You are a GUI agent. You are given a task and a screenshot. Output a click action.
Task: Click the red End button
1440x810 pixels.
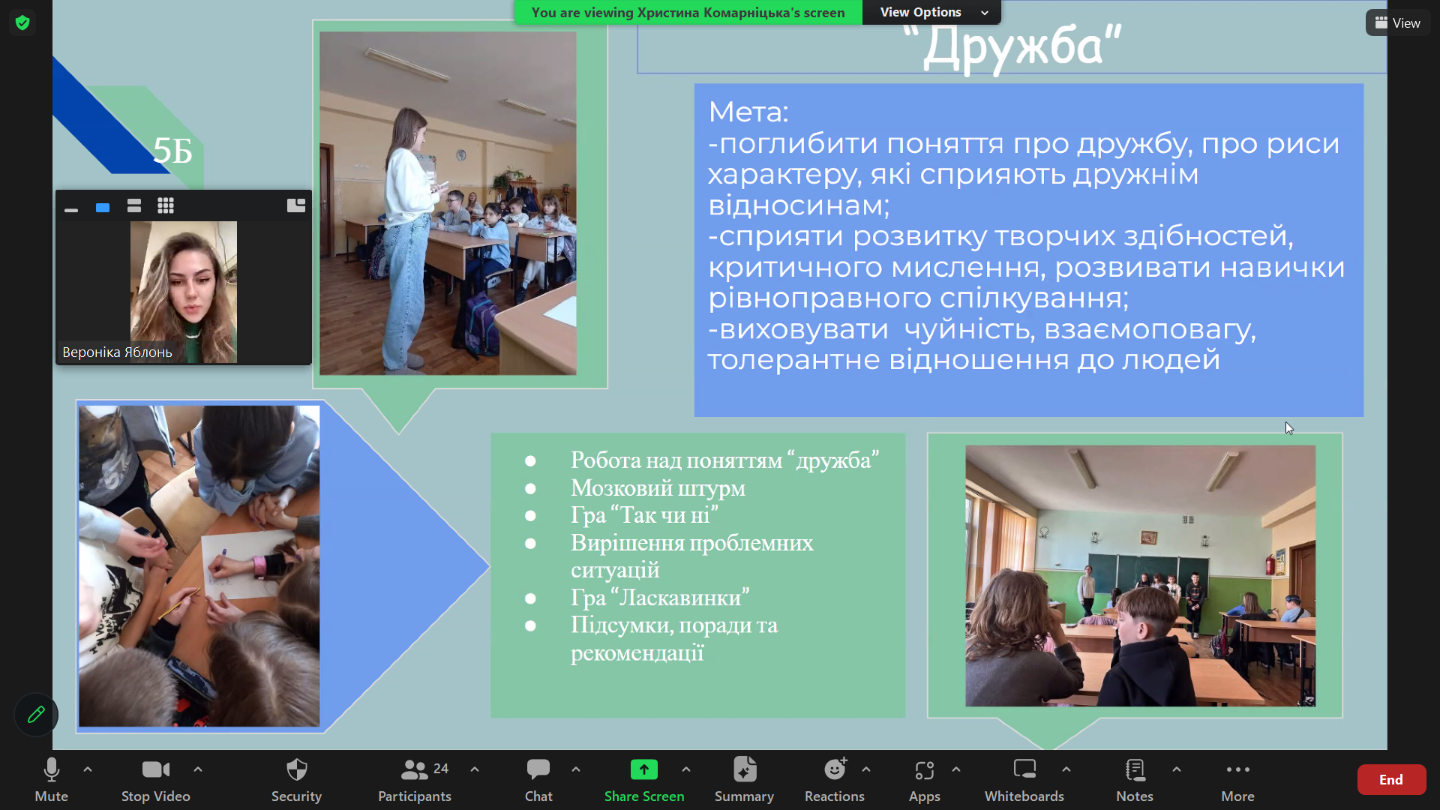coord(1391,780)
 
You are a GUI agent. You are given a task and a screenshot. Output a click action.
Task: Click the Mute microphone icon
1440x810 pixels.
coord(51,770)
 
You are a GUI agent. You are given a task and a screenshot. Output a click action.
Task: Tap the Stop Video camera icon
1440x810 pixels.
coord(156,769)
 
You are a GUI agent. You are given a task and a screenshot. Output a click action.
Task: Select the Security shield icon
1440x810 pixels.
coord(297,769)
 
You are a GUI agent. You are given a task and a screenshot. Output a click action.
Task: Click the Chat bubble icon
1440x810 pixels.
coord(538,769)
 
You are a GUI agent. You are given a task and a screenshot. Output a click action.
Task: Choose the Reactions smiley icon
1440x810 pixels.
coord(835,769)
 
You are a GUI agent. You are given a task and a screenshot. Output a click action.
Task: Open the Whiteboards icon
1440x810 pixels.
coord(1024,769)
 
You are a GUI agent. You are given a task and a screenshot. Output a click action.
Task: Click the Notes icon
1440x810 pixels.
coord(1135,769)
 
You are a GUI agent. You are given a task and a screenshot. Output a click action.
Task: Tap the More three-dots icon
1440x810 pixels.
coord(1237,769)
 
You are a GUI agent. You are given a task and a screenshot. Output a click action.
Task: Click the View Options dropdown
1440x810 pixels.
coord(931,12)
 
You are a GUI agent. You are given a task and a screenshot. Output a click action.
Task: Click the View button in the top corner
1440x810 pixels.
coord(1398,23)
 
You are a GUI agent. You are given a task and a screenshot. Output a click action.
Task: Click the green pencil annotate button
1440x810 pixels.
coord(36,715)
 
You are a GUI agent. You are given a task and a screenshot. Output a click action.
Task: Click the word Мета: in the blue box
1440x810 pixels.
coord(748,112)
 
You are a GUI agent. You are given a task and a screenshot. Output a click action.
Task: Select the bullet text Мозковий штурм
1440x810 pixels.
coord(658,488)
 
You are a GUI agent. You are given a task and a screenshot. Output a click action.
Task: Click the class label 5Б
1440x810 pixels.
coord(172,151)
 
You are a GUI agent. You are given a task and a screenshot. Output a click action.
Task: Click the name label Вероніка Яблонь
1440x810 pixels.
coord(117,352)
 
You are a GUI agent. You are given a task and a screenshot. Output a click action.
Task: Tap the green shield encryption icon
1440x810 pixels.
coord(22,22)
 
